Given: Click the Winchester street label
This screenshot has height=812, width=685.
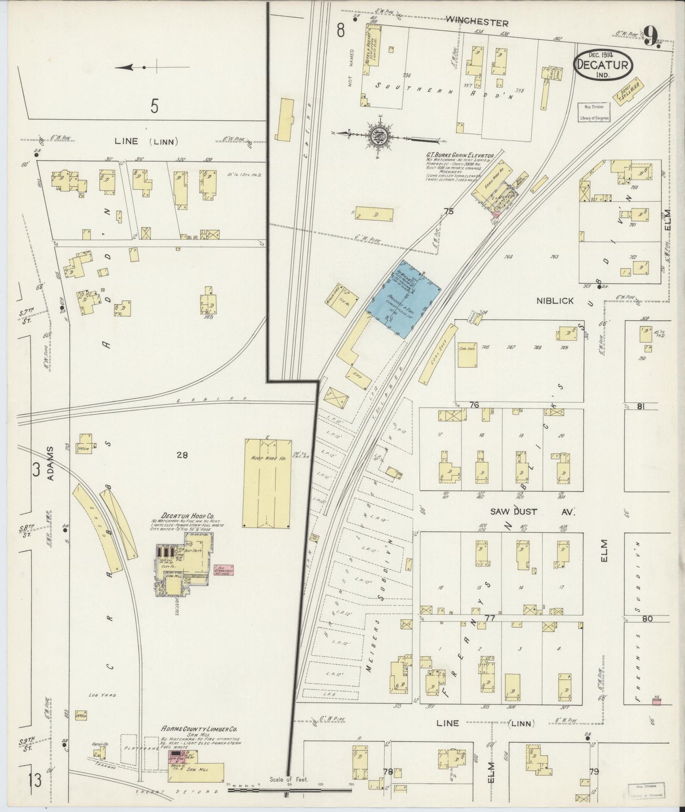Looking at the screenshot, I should coord(477,22).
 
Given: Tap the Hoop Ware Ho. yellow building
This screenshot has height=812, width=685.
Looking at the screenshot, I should coord(267,483).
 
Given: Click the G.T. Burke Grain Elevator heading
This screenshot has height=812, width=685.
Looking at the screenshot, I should coord(460,155).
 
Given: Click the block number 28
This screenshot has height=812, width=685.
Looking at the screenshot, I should coord(182,455).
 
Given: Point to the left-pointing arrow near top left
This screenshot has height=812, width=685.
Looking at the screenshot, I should coord(130,68).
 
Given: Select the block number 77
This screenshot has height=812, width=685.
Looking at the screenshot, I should coord(490,618).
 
